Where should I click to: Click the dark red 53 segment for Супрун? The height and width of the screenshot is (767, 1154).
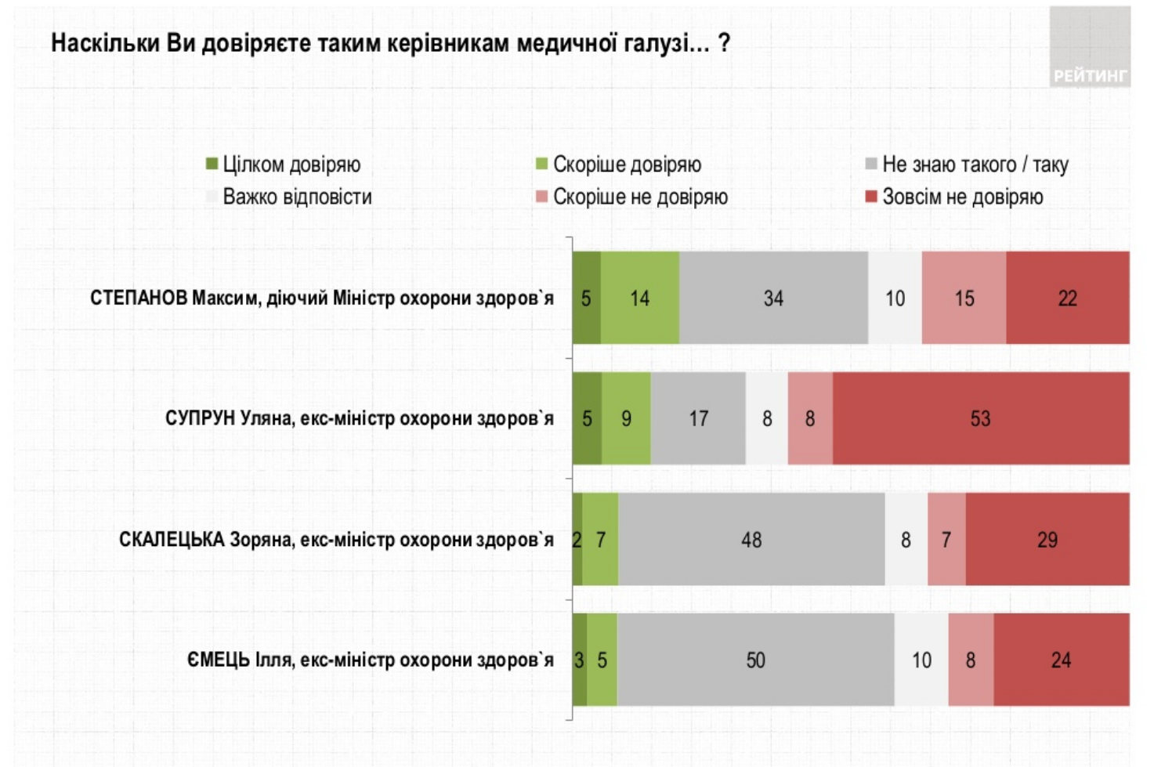point(981,418)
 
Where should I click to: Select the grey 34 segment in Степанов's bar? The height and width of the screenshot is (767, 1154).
point(773,298)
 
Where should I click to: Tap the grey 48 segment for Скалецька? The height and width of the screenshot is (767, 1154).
point(751,540)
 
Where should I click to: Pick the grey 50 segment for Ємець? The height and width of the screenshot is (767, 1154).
point(755,660)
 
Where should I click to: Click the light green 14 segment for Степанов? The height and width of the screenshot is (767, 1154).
point(640,298)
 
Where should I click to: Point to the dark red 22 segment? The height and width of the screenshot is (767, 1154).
point(1067,298)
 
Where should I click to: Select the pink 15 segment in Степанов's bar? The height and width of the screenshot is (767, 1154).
point(964,298)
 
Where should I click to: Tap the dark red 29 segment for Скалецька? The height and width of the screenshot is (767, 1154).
point(1047,540)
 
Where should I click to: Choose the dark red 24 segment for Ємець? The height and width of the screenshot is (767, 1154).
point(1061,660)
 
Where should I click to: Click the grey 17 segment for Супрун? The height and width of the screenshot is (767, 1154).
point(698,418)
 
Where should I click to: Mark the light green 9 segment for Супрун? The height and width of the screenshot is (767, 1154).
point(626,418)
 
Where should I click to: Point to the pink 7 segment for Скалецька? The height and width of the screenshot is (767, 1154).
point(946,540)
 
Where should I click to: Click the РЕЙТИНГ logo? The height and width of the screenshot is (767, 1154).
point(1090,55)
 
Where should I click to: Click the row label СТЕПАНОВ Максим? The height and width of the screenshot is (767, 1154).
point(321,298)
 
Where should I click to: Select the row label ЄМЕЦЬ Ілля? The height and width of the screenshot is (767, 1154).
point(369,660)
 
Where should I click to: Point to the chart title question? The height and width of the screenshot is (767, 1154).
point(390,43)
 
